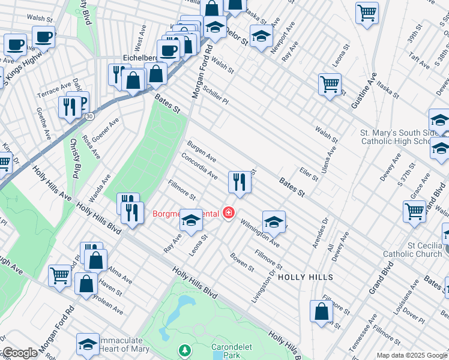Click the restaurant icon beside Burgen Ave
coord(240,182)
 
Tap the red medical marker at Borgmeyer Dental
coord(228,212)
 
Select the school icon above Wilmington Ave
coord(273,221)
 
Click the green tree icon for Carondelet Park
coord(185,349)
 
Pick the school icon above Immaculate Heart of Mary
coord(88,344)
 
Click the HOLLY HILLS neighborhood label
coord(305,277)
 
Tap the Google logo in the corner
coord(19,353)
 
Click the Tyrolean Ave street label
coord(107,307)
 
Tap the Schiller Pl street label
coord(215,93)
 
